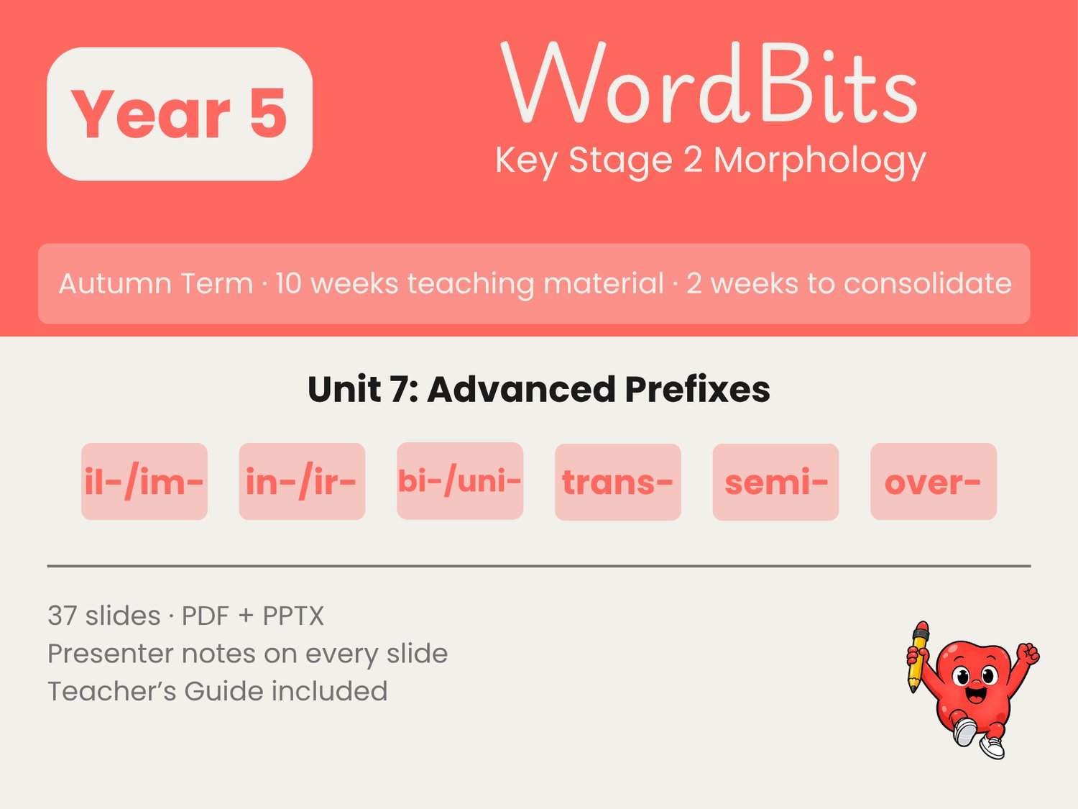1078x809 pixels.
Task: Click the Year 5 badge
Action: (180, 114)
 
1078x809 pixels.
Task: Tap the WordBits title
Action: (709, 83)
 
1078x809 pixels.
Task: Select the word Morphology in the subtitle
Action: (820, 160)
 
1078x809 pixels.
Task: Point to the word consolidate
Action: (927, 283)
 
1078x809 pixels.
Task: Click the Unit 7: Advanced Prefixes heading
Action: (539, 389)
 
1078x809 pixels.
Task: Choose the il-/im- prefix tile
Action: (144, 481)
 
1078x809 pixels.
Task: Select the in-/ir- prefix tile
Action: (302, 481)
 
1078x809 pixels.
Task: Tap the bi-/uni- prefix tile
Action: (460, 481)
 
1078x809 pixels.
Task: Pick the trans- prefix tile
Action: (618, 482)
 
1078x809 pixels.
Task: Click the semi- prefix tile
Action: (776, 482)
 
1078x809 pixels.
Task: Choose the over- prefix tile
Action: (934, 481)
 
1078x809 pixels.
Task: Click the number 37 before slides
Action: (63, 616)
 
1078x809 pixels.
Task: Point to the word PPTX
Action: (293, 616)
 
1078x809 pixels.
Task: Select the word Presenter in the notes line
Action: (111, 654)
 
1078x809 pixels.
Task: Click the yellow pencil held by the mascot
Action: (918, 657)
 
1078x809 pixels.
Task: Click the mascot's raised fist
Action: (1028, 654)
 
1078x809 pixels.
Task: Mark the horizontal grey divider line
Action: (539, 566)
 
